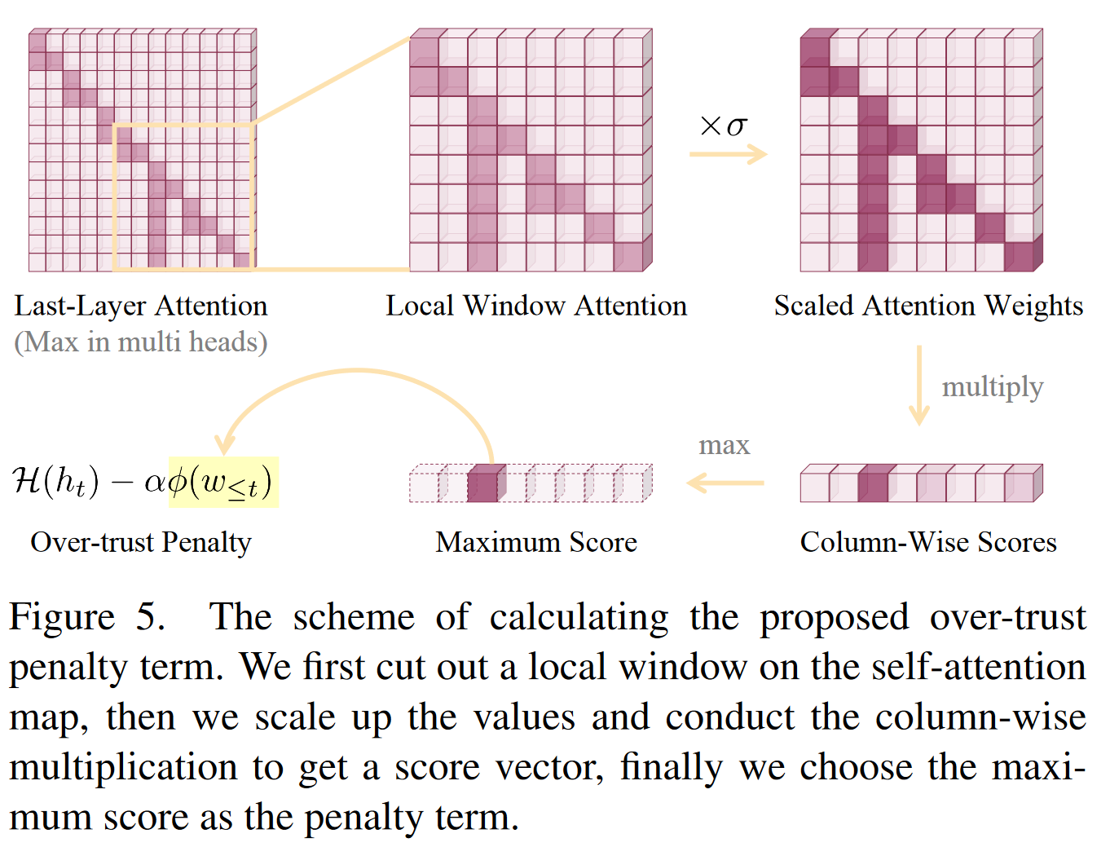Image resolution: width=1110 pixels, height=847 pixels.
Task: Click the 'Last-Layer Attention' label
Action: [x=141, y=306]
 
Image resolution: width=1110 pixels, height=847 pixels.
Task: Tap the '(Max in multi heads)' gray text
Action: [x=141, y=342]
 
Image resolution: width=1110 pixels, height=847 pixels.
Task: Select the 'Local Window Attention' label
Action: [x=536, y=306]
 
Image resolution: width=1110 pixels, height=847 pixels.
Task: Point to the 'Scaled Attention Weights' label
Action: [x=928, y=306]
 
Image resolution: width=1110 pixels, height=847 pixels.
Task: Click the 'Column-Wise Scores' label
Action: [x=928, y=542]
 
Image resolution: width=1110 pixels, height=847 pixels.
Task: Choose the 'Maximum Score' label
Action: [x=536, y=542]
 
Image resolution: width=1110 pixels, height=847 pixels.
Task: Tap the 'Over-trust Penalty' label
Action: [x=141, y=542]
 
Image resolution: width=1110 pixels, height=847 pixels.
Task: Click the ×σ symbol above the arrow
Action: [x=724, y=126]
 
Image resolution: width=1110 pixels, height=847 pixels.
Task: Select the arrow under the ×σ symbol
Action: [x=728, y=154]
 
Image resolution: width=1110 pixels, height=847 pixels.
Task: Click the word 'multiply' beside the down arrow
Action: [x=992, y=386]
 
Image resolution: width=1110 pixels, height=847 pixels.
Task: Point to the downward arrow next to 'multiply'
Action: [x=919, y=385]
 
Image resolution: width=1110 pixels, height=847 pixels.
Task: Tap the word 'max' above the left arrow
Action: [x=724, y=445]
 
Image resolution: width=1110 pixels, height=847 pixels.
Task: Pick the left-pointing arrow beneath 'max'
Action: [x=725, y=483]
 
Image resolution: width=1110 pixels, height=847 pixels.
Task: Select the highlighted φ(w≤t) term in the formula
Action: [x=223, y=482]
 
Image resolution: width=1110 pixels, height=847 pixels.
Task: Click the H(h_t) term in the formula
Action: [x=55, y=481]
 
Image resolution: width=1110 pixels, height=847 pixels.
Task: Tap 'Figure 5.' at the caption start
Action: [x=87, y=617]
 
